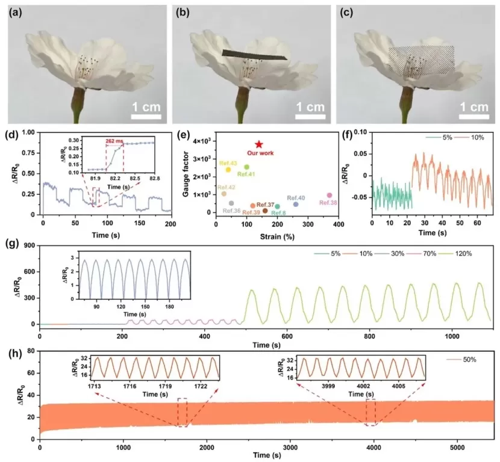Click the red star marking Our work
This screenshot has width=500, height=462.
click(259, 144)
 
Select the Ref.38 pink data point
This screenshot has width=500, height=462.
click(329, 196)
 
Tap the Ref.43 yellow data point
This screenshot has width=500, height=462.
click(228, 170)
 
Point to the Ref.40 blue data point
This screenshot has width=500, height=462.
click(296, 205)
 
